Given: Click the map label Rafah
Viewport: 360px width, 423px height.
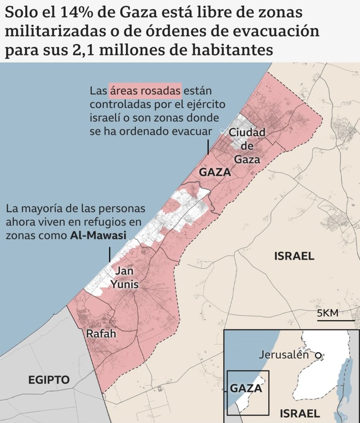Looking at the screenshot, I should (101, 334).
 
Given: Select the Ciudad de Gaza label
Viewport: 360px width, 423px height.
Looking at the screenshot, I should (247, 146).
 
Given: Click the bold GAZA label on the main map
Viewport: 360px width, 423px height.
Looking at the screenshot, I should (215, 172).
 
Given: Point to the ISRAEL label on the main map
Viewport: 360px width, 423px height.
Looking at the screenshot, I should (294, 256).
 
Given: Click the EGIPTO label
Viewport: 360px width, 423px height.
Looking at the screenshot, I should (49, 379).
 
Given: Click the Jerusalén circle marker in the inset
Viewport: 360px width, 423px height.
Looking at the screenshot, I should (318, 355).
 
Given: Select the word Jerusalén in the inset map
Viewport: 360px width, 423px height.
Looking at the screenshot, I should (283, 355).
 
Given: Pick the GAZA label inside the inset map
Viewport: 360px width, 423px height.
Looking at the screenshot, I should (246, 388).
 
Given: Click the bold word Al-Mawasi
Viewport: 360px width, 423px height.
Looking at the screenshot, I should (98, 235).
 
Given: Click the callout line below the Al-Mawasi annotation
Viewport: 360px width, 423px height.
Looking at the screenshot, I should (109, 255).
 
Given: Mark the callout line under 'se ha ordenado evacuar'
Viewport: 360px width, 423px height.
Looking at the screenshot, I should (208, 147).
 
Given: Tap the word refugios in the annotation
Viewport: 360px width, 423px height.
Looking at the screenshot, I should (102, 222).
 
